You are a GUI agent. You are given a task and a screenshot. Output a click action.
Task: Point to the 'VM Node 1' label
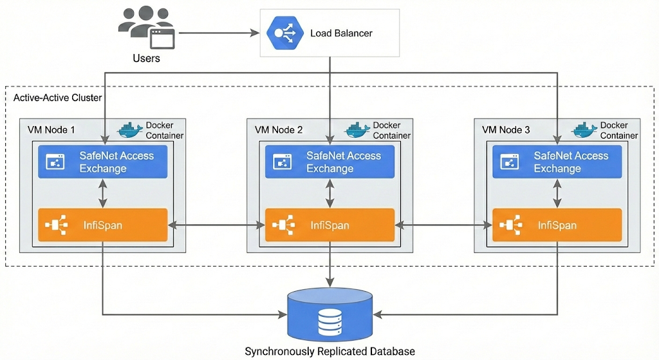[x=51, y=130]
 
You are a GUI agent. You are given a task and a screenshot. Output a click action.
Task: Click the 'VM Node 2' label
[x=279, y=130]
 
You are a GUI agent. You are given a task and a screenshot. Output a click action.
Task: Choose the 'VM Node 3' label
[x=506, y=130]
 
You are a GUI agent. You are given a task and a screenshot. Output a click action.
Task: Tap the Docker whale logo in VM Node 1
[x=130, y=130]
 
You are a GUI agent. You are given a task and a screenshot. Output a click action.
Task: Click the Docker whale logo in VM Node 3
[x=584, y=130]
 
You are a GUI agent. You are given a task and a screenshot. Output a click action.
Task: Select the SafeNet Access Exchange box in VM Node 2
[x=330, y=162]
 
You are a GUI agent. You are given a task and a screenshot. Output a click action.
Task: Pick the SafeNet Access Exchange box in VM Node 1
[x=103, y=162]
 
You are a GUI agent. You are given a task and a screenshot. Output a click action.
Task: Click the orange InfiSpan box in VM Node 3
[x=557, y=225]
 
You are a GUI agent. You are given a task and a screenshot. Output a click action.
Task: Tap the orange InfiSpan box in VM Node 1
[x=103, y=225]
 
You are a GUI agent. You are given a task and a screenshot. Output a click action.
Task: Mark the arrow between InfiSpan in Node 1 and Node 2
[x=217, y=225]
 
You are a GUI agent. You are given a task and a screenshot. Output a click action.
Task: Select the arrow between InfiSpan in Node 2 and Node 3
[x=444, y=225]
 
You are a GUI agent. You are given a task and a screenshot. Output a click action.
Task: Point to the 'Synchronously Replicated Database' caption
[x=329, y=352]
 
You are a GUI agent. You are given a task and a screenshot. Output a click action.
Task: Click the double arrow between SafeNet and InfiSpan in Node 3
[x=557, y=193]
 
